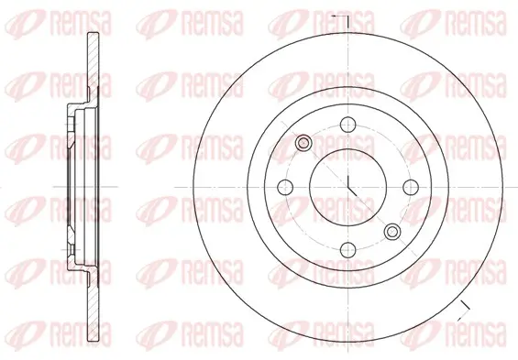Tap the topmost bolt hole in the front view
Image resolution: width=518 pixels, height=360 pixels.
coord(347,125)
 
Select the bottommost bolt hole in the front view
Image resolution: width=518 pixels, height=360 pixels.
coord(347,250)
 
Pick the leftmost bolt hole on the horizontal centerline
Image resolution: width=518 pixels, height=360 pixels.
coord(285,188)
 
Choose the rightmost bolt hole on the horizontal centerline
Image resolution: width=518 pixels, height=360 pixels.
coord(411,188)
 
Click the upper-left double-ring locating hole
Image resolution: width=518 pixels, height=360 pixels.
coord(303,143)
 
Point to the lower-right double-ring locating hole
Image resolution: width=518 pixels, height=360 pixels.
coord(392,232)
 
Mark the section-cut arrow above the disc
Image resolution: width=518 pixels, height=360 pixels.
coord(340,21)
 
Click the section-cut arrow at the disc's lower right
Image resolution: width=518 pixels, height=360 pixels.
coord(464,311)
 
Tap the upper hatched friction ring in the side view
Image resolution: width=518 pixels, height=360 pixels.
coord(93,66)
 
